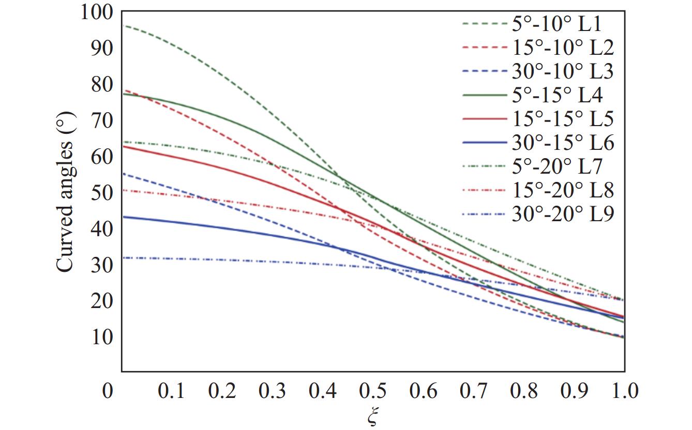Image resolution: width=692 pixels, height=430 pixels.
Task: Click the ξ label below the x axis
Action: [x=372, y=418]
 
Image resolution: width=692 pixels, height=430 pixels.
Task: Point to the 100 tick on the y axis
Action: [x=97, y=12]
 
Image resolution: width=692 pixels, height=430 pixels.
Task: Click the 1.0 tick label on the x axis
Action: [x=625, y=390]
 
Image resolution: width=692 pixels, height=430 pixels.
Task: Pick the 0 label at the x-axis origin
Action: [x=107, y=390]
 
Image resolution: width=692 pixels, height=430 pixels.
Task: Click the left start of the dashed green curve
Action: [x=123, y=25]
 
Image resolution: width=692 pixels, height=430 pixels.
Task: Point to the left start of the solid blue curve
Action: [x=123, y=217]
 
